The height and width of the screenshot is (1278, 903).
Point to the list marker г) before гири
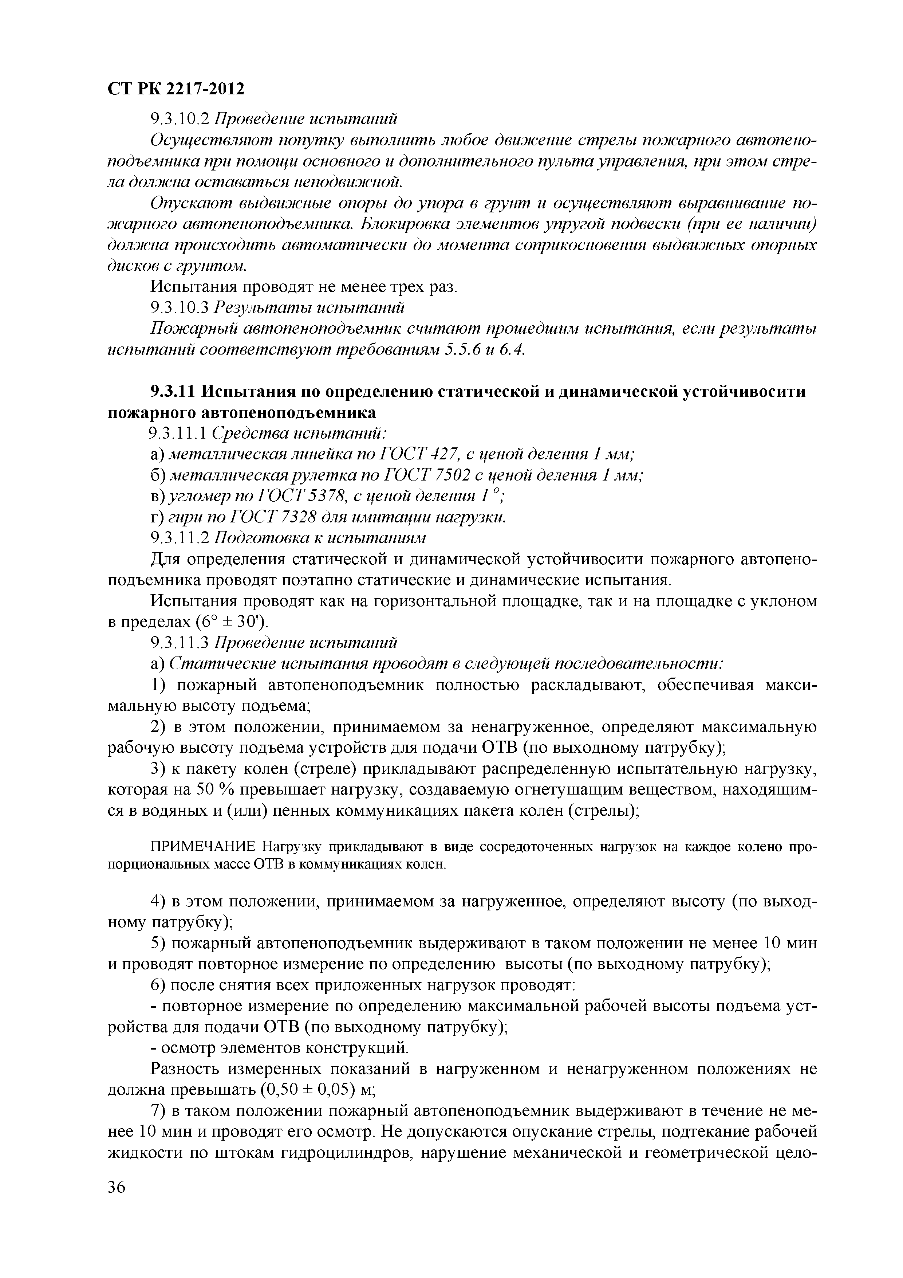point(156,518)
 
